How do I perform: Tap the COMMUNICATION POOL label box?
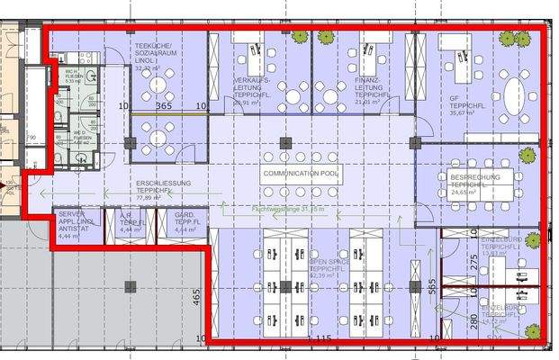coord(302,172)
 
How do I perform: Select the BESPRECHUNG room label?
coord(473,185)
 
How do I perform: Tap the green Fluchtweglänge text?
coord(286,211)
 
